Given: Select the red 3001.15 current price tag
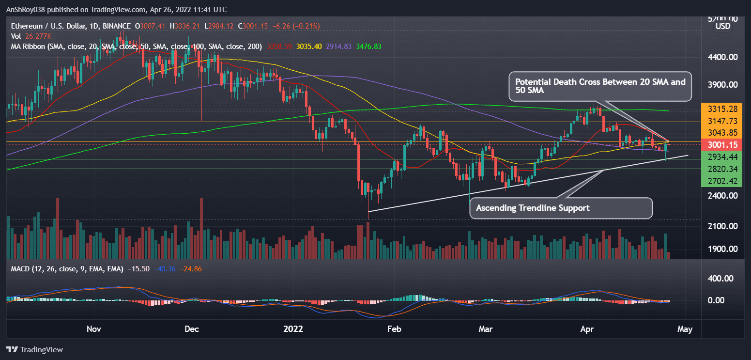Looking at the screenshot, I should (x=720, y=144).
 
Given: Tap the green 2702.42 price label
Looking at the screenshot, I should (x=720, y=181).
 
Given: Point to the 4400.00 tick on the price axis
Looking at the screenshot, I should (x=720, y=57).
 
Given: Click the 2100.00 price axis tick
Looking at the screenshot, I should (x=720, y=226).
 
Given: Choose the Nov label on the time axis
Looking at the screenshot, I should (x=93, y=329).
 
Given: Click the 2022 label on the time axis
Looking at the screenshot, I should (x=293, y=329).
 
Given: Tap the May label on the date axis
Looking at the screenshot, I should (x=685, y=329).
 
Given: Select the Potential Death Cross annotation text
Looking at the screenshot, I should (x=600, y=86).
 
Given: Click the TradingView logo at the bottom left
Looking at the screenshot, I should (x=34, y=349).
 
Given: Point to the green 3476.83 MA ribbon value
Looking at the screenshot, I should (x=368, y=47).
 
